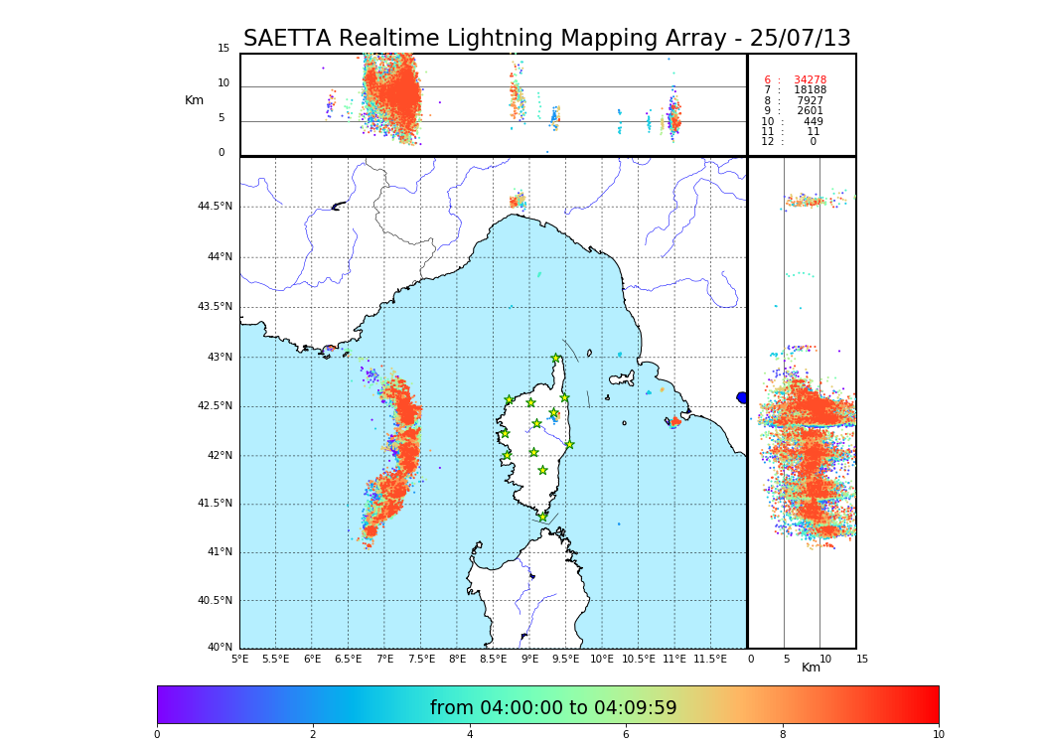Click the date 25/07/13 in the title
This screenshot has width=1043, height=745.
[x=806, y=39]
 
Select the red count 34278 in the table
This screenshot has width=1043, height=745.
[x=810, y=80]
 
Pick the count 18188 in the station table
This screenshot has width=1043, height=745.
[x=810, y=90]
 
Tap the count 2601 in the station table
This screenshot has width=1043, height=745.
[x=810, y=111]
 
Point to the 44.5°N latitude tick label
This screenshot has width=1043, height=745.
[x=215, y=207]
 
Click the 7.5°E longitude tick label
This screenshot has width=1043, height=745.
[x=421, y=660]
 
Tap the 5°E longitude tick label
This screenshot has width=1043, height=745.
[x=239, y=660]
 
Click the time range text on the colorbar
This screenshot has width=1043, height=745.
[x=552, y=708]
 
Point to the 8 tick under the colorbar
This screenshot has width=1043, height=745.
[x=782, y=735]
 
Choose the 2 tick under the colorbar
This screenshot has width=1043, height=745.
[x=313, y=735]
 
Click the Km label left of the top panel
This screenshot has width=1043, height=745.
[x=194, y=100]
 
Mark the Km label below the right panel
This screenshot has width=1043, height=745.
[x=811, y=668]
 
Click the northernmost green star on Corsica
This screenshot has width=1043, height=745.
[x=556, y=359]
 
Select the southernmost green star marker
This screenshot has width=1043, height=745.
[x=542, y=517]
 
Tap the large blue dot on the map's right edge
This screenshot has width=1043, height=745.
[x=742, y=397]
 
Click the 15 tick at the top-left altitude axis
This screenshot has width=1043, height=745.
[x=223, y=49]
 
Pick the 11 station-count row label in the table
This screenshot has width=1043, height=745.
[x=767, y=132]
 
